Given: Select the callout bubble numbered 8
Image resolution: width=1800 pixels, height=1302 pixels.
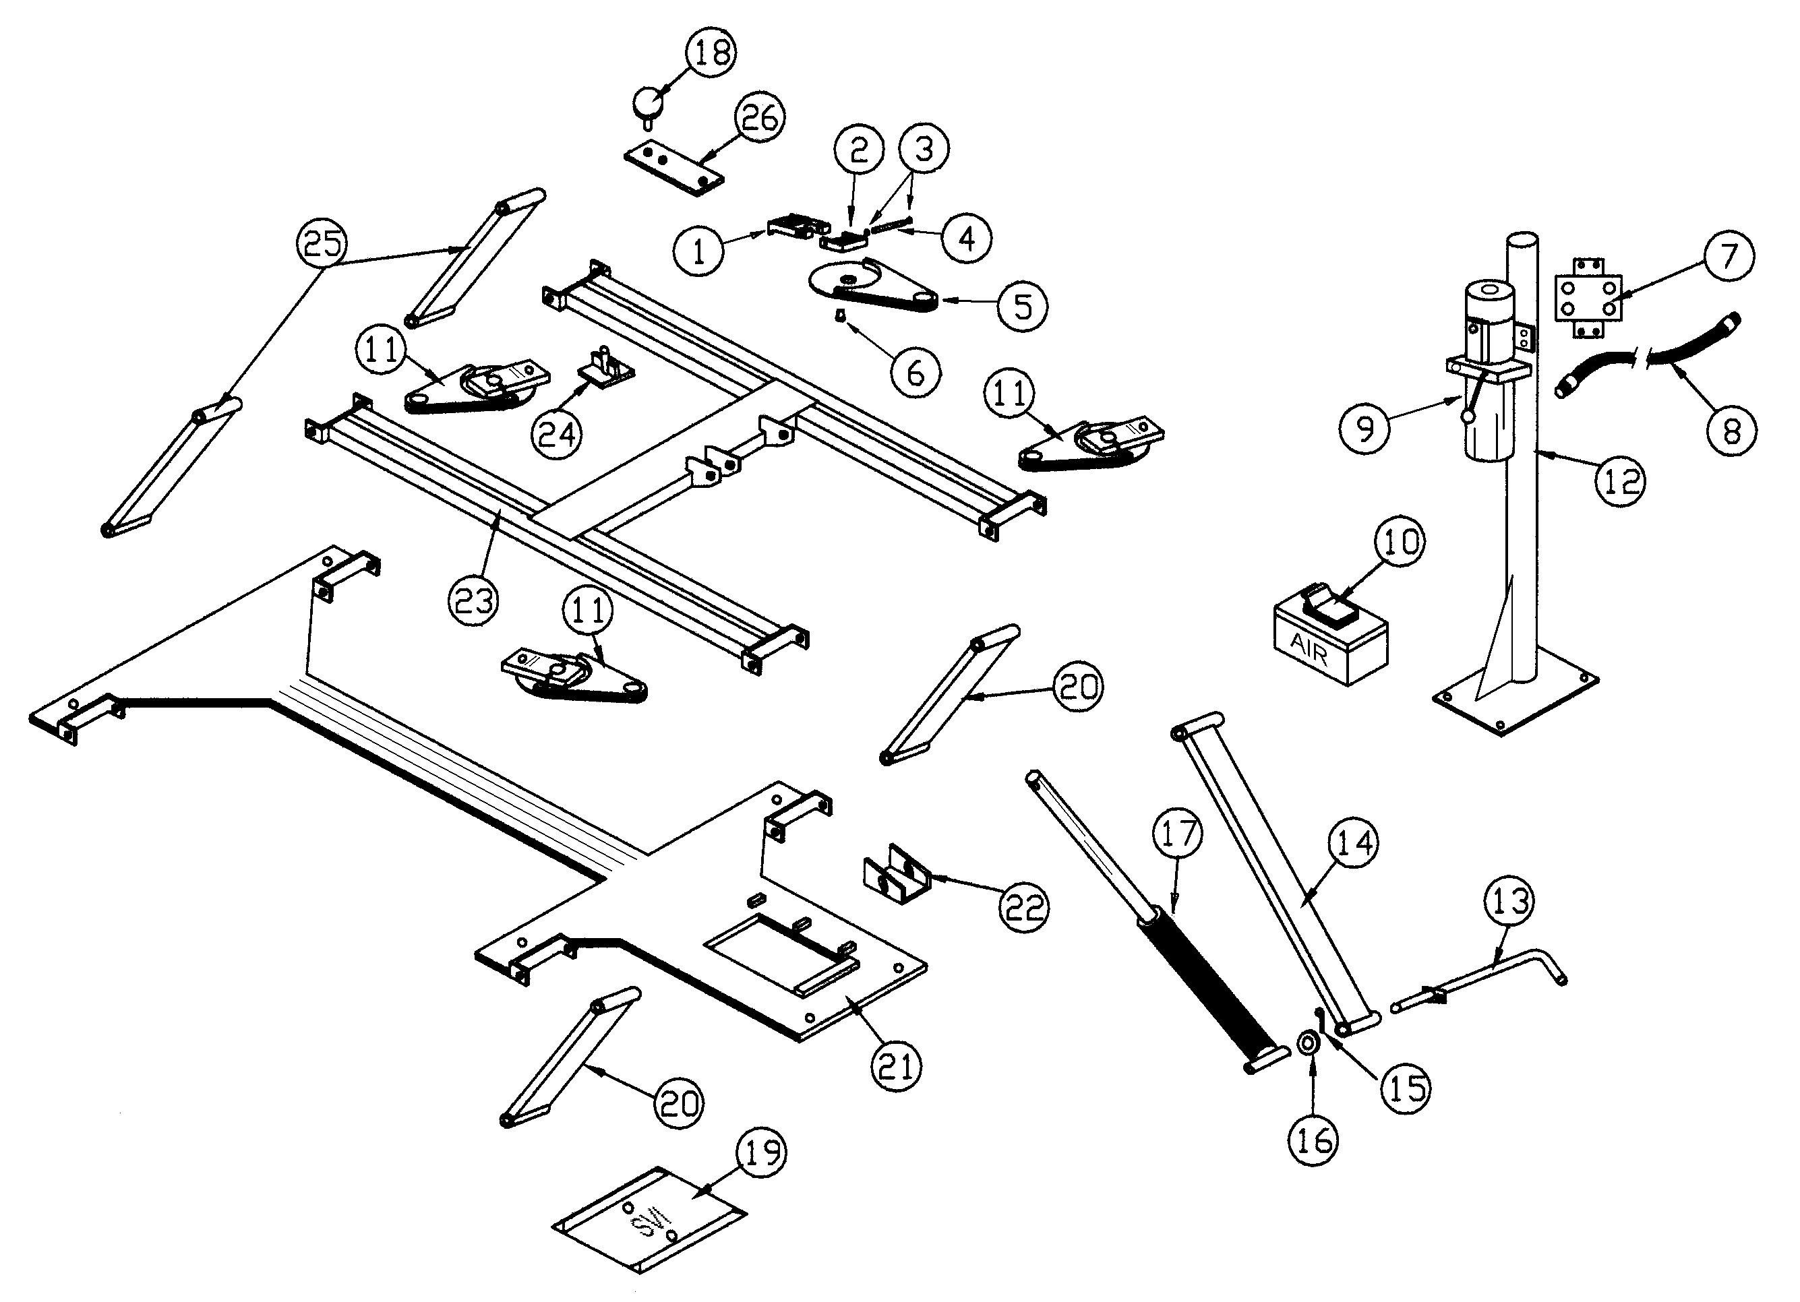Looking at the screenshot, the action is pos(1732,431).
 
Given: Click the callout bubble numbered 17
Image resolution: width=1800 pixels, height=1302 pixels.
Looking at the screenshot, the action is pos(1178,833).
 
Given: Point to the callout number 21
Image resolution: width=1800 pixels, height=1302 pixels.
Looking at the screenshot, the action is pos(897,1065).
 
